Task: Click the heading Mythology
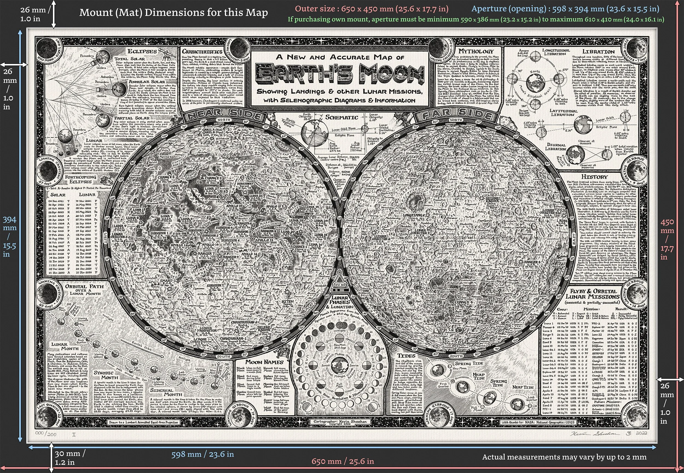click(476, 51)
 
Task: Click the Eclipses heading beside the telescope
click(142, 51)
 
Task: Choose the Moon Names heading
click(264, 362)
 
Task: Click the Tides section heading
click(406, 355)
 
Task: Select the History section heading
click(594, 177)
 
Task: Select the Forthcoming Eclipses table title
click(80, 179)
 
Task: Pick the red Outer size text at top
click(372, 9)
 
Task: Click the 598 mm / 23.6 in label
click(202, 454)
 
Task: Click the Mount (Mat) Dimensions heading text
click(173, 13)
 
